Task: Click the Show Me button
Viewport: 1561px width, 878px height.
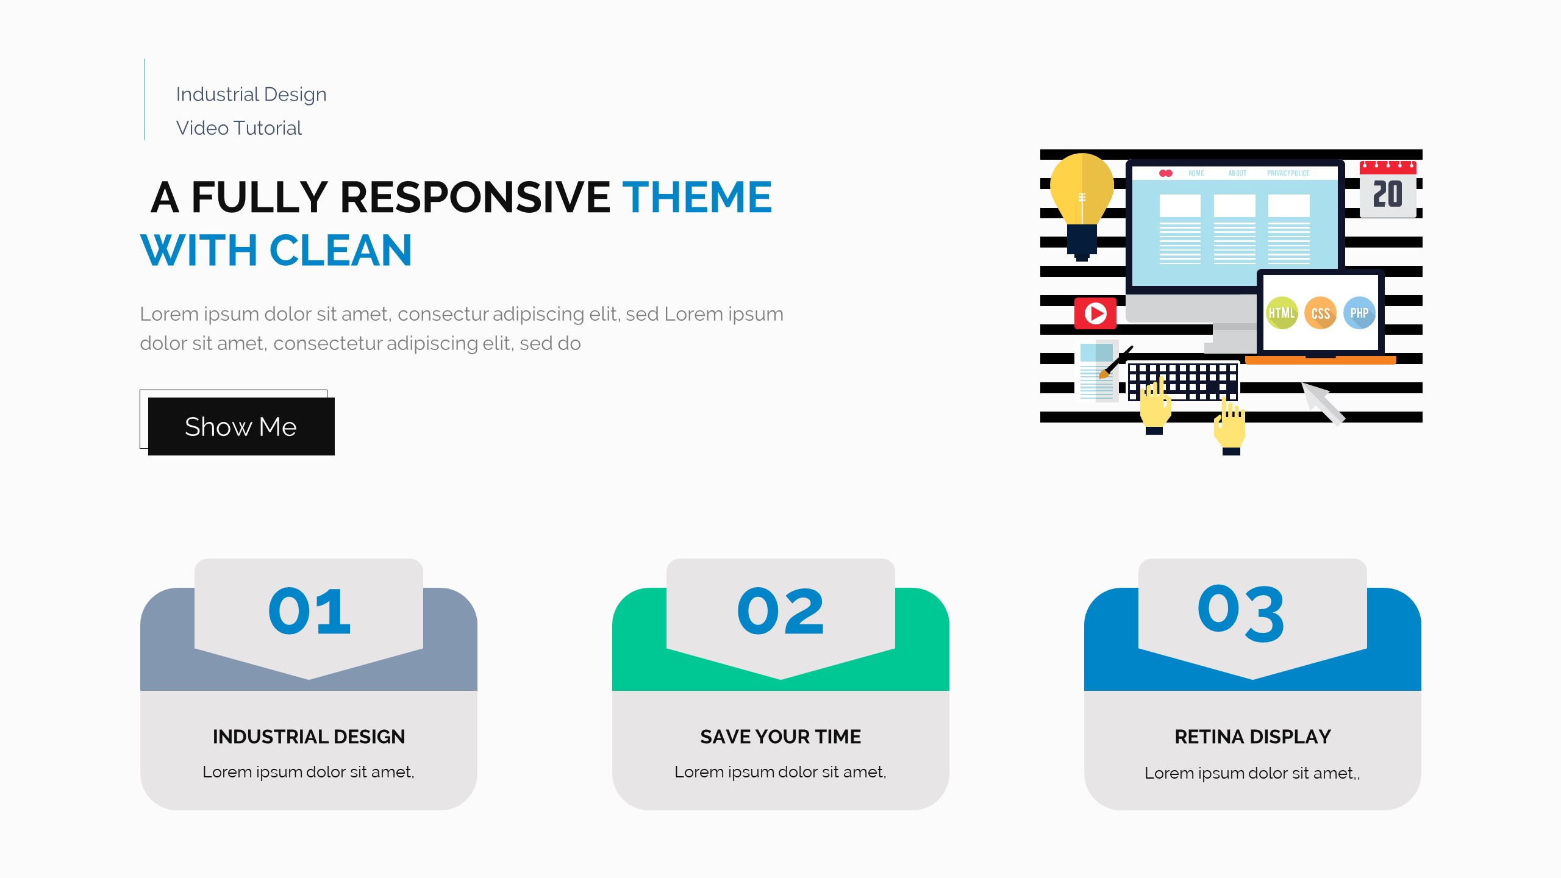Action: tap(241, 426)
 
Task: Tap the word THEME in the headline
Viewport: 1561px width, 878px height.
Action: tap(697, 198)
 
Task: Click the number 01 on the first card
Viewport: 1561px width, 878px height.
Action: tap(309, 611)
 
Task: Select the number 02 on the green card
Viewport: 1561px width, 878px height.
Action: tap(780, 611)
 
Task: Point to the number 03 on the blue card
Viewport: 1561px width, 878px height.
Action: tap(1241, 613)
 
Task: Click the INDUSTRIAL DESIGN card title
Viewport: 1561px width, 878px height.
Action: tap(309, 737)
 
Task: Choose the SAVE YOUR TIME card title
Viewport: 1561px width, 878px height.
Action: tap(780, 737)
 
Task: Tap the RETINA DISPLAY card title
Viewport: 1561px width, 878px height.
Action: tap(1252, 737)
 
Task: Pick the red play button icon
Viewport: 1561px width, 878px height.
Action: tap(1095, 313)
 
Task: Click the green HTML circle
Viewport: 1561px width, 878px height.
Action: tap(1282, 313)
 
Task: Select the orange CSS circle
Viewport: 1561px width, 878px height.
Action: tap(1320, 313)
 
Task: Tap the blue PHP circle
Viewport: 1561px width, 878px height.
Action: tap(1359, 313)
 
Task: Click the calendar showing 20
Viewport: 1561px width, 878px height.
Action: tap(1388, 189)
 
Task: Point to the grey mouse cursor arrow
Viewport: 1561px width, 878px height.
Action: tap(1323, 403)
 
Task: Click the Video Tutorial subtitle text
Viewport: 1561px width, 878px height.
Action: tap(239, 128)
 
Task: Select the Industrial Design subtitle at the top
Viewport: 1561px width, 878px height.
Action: tap(251, 95)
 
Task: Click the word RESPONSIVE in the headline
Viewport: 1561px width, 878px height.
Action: tap(475, 198)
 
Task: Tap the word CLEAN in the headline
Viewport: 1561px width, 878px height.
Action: tap(340, 251)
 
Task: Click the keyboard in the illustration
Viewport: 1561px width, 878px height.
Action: tap(1183, 382)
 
